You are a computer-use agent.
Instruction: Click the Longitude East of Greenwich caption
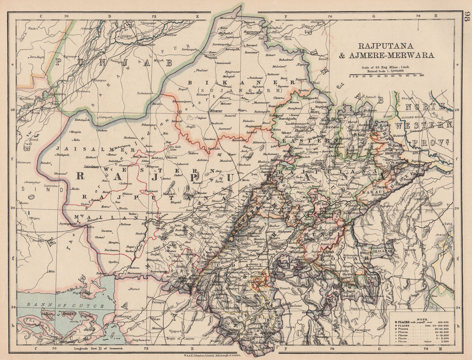coord(97,349)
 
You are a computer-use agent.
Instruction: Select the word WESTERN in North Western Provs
coord(423,126)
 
